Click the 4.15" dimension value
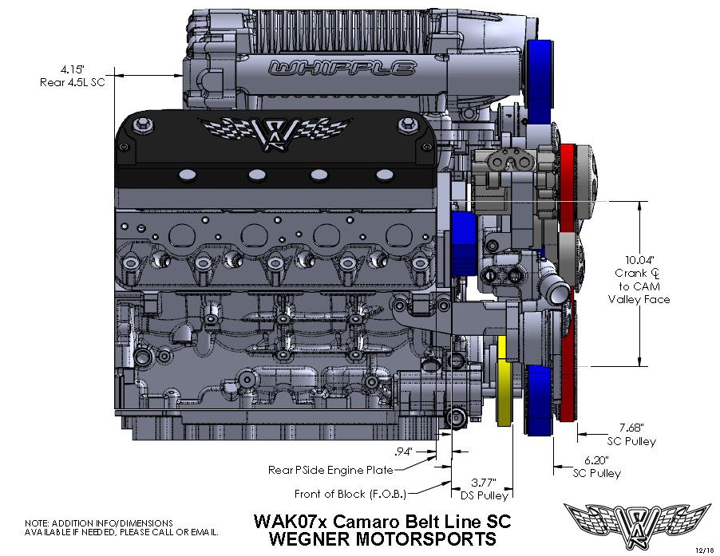click(x=54, y=69)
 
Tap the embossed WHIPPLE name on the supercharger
click(x=342, y=69)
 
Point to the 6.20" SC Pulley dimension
click(x=596, y=460)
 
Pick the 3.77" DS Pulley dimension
click(x=481, y=482)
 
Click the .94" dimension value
click(x=405, y=452)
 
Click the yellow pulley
click(x=504, y=382)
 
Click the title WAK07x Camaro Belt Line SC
click(x=382, y=521)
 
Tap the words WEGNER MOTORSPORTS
click(x=382, y=539)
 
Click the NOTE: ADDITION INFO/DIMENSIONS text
click(x=99, y=523)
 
